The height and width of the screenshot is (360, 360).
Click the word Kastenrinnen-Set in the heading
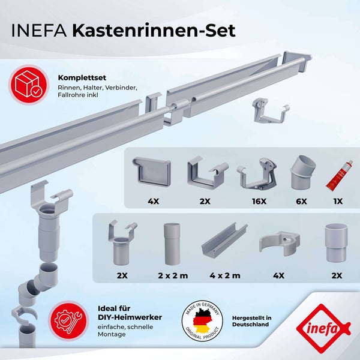coord(154,31)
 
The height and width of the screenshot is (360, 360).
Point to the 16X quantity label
coord(259,201)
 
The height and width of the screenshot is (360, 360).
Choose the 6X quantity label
coord(302,201)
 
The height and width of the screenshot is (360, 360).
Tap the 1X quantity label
coord(337,201)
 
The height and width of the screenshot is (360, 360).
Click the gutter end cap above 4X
coord(151,173)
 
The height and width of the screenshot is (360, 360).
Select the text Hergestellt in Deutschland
coord(251,321)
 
